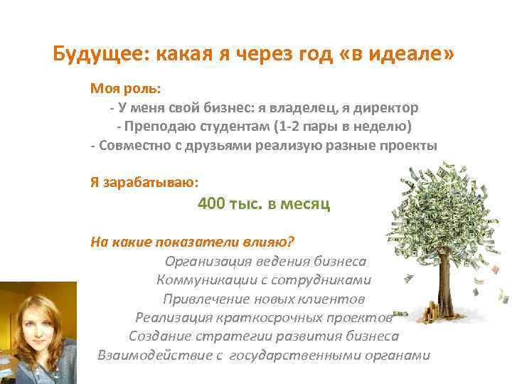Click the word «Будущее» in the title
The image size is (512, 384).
pos(89,55)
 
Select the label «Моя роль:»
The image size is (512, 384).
pos(125,90)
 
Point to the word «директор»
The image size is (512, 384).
pos(387,108)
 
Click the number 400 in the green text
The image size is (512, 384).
pos(211,204)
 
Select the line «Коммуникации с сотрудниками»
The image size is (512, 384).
pos(264,279)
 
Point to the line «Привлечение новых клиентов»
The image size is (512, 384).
pos(264,298)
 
